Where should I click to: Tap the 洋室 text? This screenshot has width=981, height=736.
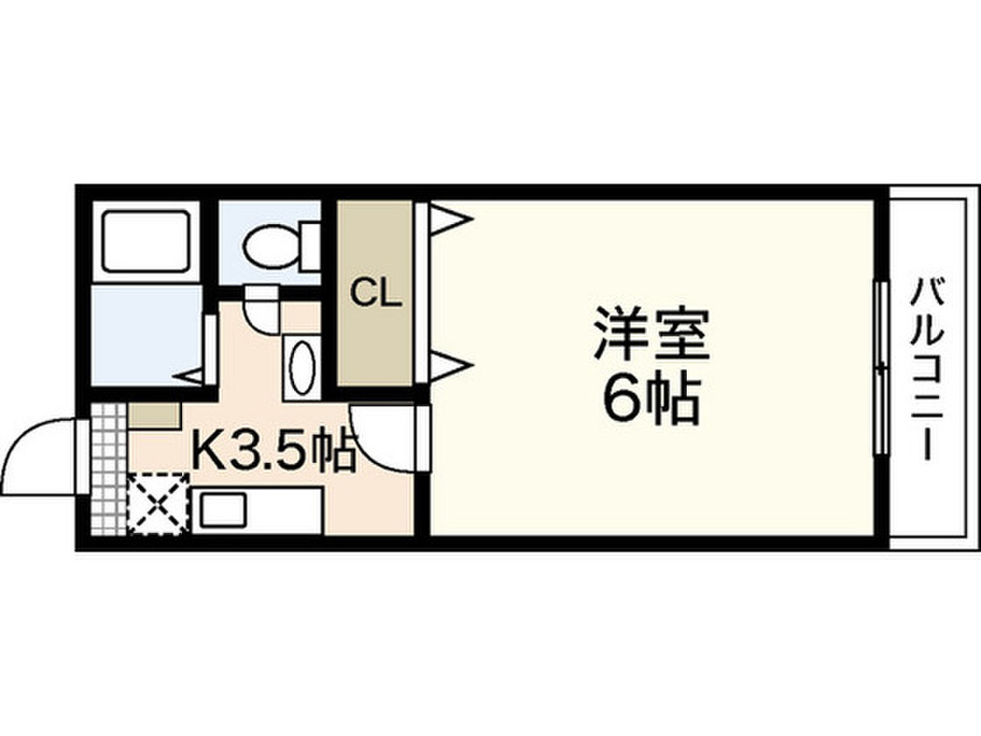point(650,333)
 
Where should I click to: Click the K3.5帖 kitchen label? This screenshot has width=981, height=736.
point(275,449)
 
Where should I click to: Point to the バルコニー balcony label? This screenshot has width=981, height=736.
point(928,369)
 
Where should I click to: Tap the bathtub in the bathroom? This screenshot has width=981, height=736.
point(146,240)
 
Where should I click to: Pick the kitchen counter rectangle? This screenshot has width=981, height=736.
point(257,508)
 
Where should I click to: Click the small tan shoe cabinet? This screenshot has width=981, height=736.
point(154,415)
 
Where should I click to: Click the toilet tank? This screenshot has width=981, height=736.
point(308,245)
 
